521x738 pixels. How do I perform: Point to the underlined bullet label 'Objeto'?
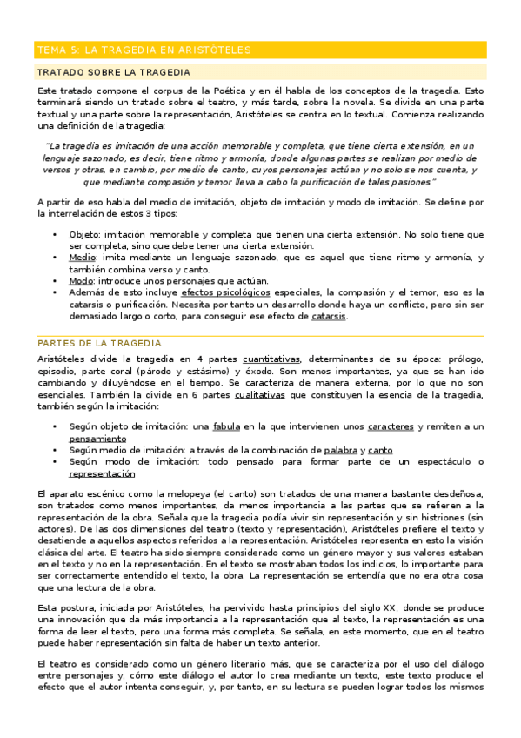83,235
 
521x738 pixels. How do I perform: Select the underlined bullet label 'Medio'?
82,258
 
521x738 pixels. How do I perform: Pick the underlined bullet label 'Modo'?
81,281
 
